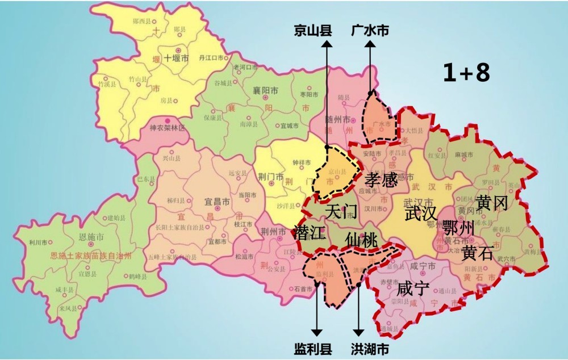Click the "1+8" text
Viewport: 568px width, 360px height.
pos(466,73)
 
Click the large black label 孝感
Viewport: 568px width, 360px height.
pos(381,181)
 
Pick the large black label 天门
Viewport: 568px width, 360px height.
pos(341,212)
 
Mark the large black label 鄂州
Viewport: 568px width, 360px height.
pos(458,228)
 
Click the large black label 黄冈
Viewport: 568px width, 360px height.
pos(491,203)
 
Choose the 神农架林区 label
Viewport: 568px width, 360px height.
pos(168,128)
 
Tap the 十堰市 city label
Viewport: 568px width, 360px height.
pos(176,58)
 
